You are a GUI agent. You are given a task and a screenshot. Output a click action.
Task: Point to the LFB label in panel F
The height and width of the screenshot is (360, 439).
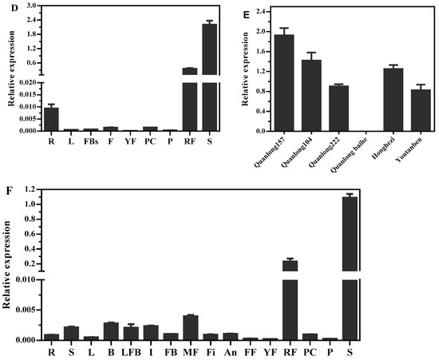click(131, 350)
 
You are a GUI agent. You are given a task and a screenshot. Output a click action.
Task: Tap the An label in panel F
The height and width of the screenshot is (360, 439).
click(230, 350)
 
